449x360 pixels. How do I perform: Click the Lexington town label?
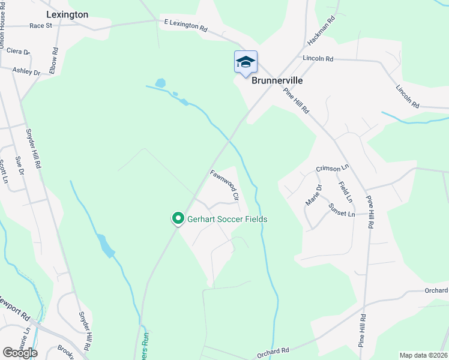(x=67, y=14)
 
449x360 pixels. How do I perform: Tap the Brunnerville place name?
(x=277, y=80)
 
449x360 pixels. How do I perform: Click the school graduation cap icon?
(x=246, y=62)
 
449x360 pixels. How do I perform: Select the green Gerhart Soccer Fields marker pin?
(x=178, y=219)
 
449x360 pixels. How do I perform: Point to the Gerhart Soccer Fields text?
(x=227, y=220)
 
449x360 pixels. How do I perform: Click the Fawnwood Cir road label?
(x=225, y=185)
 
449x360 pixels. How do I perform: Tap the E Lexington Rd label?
(x=185, y=25)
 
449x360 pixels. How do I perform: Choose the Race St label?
(x=41, y=26)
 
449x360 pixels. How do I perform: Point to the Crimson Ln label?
(x=333, y=169)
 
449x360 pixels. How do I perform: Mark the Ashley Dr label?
(x=26, y=72)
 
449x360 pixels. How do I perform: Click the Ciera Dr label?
(x=14, y=52)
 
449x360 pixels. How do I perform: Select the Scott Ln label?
(x=3, y=171)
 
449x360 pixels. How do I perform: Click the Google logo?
(x=19, y=352)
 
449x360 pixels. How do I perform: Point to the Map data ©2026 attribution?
(x=423, y=355)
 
